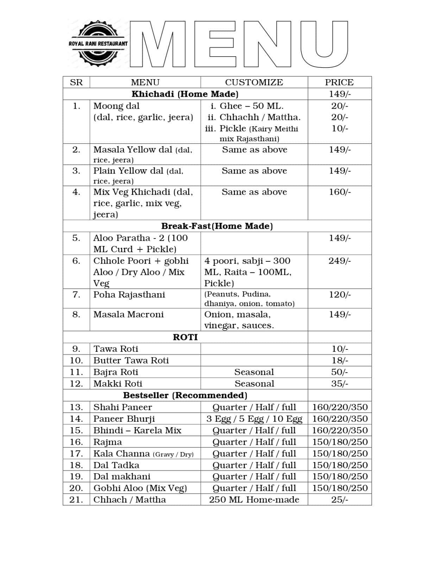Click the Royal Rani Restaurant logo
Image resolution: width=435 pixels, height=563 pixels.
98,43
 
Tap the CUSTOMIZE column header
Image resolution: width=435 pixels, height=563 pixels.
254,82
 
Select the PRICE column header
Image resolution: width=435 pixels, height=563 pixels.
339,82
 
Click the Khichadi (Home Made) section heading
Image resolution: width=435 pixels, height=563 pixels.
185,94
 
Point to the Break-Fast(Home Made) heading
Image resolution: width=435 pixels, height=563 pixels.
217,226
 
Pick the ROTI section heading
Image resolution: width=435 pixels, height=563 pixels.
185,337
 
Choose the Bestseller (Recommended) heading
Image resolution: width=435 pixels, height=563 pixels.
185,395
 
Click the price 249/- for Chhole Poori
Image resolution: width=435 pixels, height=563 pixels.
339,261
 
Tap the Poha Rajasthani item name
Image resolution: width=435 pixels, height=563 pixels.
129,295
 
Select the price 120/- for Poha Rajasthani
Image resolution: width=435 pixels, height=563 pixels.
339,295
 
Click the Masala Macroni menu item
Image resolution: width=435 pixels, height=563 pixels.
128,314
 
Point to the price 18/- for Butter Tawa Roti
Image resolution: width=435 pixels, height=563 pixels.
339,360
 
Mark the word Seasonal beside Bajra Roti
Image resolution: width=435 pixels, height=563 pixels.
254,372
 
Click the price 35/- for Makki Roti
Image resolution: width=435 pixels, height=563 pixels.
339,384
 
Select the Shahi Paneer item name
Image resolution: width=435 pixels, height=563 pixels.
122,407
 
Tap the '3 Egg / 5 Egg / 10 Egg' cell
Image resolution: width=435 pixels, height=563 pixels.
254,419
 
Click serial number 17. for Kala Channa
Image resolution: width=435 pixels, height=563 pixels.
76,454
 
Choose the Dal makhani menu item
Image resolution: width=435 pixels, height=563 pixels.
122,476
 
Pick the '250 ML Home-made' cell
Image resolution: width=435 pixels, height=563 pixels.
254,500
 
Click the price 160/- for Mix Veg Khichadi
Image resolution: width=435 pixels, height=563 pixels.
339,192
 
